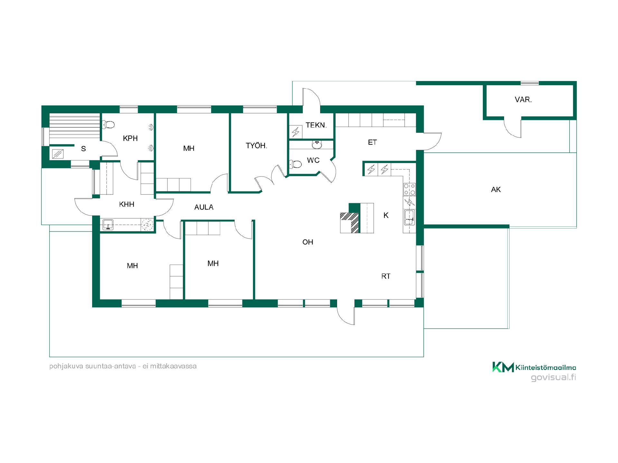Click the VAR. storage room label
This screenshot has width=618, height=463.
(x=523, y=100)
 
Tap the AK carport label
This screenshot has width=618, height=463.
(x=496, y=190)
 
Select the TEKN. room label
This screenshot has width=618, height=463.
(x=316, y=125)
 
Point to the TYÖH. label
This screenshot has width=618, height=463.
(x=257, y=146)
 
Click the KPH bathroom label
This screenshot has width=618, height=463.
(x=130, y=138)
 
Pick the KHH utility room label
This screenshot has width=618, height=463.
(x=126, y=204)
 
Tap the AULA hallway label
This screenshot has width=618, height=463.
(x=204, y=207)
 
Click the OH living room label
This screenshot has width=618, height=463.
(x=308, y=242)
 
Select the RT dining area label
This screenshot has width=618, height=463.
(x=386, y=276)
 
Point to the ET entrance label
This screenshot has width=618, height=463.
(x=372, y=142)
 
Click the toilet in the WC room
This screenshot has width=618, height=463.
(x=295, y=165)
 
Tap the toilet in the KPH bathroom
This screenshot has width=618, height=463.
(x=108, y=124)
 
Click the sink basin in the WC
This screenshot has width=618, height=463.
(x=317, y=145)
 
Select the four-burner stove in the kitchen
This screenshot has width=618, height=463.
(x=409, y=189)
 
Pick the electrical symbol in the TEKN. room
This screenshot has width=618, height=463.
(x=295, y=132)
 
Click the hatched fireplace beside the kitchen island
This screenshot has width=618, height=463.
(x=350, y=222)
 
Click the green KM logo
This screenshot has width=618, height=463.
(x=503, y=367)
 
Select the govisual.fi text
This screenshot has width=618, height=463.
(x=553, y=377)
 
